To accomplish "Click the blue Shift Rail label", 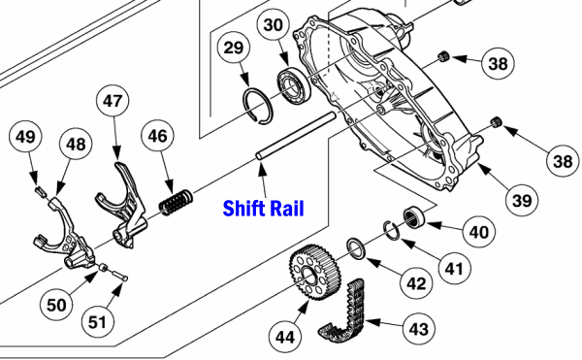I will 263,208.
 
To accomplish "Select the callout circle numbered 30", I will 275,24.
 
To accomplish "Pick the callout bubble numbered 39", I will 521,201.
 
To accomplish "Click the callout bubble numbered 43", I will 417,330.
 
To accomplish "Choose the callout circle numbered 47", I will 114,100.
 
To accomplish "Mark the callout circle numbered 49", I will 26,139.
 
